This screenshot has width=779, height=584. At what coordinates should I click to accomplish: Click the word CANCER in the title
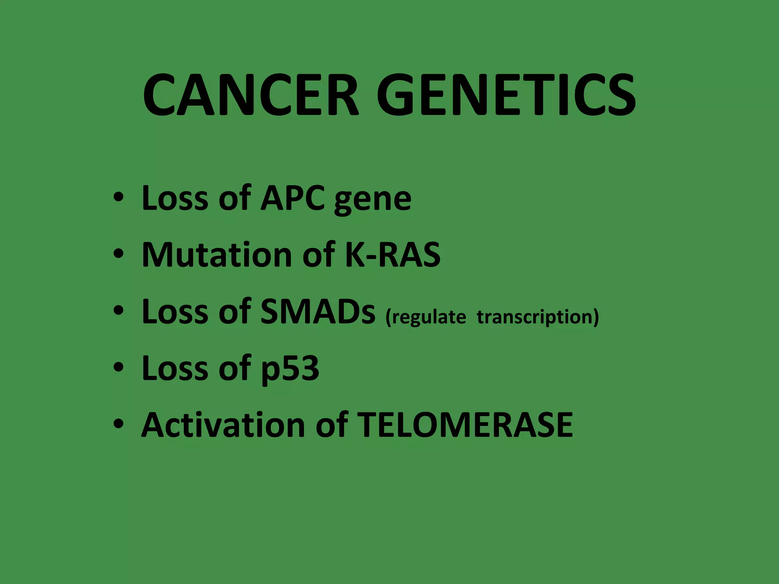(251, 95)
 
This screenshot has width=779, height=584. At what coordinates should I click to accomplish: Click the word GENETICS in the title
(506, 95)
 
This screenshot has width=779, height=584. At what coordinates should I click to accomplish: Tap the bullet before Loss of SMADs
(118, 311)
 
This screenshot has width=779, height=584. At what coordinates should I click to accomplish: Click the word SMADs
(318, 311)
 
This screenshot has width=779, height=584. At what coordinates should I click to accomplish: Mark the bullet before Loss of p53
(118, 367)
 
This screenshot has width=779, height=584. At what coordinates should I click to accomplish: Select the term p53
(290, 369)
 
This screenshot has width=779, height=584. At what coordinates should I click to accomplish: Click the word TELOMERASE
(465, 425)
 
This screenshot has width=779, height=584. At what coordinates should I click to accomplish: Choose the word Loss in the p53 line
(175, 368)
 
